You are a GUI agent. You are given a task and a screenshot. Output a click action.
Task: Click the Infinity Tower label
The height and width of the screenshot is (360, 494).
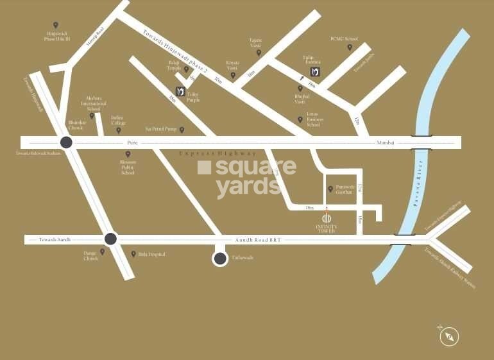click(x=326, y=228)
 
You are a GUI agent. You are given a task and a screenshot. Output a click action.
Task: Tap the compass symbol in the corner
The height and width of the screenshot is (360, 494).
click(x=450, y=335)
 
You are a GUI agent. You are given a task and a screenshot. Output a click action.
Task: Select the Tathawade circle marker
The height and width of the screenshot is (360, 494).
click(x=220, y=259)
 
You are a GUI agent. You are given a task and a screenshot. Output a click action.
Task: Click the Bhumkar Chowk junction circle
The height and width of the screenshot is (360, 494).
click(x=65, y=142)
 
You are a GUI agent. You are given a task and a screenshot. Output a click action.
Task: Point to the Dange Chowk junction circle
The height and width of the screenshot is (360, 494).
click(x=110, y=239)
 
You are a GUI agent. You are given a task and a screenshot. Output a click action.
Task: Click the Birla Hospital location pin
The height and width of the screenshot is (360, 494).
click(x=133, y=254)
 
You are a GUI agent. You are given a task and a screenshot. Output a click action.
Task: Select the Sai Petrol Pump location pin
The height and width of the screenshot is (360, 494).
click(x=182, y=130)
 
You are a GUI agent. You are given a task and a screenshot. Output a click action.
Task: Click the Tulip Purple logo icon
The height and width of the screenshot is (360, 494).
click(x=180, y=90)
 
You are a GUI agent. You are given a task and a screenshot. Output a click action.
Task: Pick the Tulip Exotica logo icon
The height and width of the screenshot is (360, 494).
click(x=315, y=71)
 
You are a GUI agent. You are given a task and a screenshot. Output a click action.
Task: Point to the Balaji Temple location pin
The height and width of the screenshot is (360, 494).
click(x=187, y=69)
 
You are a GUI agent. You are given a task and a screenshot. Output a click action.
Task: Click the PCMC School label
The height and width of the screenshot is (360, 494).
click(x=344, y=39)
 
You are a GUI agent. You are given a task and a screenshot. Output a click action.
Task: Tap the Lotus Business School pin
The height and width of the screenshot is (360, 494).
click(x=300, y=119)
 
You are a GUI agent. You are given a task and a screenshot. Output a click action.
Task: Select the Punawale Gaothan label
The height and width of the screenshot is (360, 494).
click(x=345, y=189)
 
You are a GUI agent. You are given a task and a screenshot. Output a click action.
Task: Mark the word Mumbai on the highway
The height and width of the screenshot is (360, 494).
click(x=386, y=142)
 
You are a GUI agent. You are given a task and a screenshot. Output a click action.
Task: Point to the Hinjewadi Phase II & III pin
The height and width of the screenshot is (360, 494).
click(x=55, y=26)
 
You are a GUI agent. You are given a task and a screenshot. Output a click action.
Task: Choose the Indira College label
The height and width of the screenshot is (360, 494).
click(x=118, y=120)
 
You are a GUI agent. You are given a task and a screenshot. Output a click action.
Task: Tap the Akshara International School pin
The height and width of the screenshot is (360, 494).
click(x=92, y=116)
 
